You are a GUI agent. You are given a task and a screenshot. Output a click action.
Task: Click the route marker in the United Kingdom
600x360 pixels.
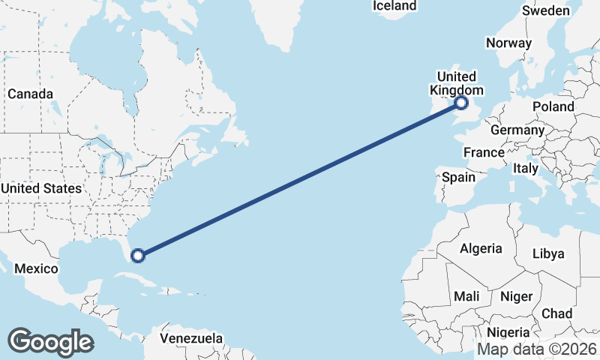tap(461, 103)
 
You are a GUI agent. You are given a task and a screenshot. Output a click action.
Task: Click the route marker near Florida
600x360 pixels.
tap(137, 256)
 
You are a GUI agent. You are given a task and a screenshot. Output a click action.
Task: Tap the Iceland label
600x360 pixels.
tap(394, 6)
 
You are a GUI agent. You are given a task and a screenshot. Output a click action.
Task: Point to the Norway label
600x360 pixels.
tap(508, 43)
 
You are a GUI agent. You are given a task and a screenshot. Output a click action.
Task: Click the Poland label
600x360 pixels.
tap(553, 106)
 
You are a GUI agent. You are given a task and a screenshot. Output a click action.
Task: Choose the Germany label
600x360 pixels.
tap(517, 130)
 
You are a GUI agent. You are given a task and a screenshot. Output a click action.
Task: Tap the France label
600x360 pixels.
tap(484, 152)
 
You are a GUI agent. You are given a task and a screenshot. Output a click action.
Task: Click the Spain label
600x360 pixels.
tap(458, 177)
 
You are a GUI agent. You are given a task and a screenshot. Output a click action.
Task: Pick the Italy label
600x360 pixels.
tap(526, 169)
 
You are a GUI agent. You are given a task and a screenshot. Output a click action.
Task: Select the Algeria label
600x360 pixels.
tap(480, 248)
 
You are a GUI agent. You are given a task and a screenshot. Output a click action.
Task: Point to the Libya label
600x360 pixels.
tap(547, 253)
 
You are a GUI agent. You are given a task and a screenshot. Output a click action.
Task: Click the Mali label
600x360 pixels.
tap(466, 296)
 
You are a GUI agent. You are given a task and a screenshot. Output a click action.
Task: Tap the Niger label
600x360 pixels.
tap(515, 296)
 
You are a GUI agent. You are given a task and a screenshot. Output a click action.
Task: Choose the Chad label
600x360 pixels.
tap(556, 313)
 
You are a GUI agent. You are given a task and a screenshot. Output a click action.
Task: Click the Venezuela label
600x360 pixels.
tap(191, 338)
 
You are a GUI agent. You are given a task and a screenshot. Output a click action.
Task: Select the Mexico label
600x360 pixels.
tap(36, 268)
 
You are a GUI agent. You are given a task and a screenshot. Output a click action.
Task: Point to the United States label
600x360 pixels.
tap(41, 188)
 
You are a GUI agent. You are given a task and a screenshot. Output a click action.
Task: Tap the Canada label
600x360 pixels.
tap(30, 94)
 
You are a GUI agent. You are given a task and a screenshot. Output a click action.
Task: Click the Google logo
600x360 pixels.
tap(50, 341)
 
